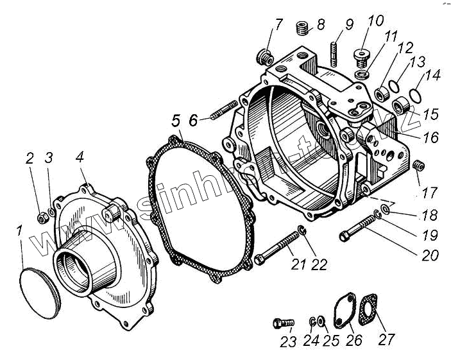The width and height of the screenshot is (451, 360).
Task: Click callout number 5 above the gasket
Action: click(x=174, y=119)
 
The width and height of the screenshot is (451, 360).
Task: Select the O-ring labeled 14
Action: click(x=414, y=95)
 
